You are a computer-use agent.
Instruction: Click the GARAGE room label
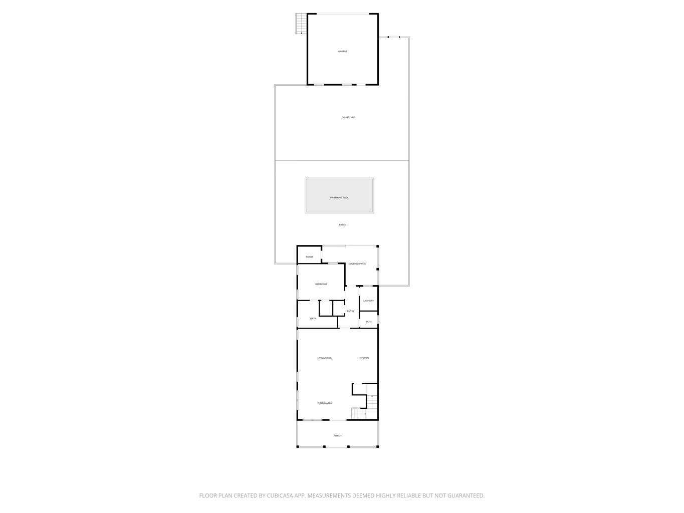point(342,52)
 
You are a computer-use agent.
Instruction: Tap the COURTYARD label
point(348,117)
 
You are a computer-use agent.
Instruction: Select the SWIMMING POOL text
point(339,197)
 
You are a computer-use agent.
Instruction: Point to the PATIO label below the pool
point(342,224)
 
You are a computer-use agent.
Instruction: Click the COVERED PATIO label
point(357,264)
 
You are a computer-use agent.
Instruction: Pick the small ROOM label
point(309,257)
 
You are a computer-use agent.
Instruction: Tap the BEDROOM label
point(321,284)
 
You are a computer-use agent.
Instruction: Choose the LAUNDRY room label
point(368,301)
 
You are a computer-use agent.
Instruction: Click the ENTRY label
point(351,311)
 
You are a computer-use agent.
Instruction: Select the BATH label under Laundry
point(368,322)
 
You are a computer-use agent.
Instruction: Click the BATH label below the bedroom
point(313,318)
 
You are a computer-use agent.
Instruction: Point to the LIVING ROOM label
point(325,358)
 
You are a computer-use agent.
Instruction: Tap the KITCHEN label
point(364,358)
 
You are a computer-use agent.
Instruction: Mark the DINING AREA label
point(324,403)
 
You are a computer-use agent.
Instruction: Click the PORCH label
point(337,436)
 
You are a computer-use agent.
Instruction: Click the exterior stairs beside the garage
point(301,24)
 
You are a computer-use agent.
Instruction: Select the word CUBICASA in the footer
point(280,496)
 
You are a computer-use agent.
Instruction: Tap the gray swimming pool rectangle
point(339,195)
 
